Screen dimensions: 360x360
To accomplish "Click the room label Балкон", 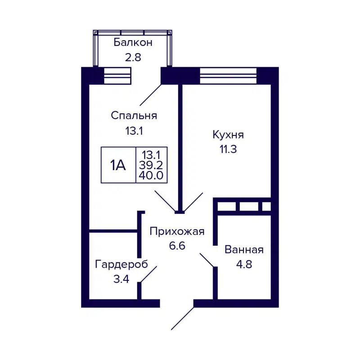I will (x=133, y=43).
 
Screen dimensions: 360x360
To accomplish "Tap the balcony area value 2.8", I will (x=133, y=58).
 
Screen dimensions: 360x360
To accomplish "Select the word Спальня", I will (x=134, y=116).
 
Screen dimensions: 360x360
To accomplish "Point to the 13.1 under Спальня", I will (x=134, y=131).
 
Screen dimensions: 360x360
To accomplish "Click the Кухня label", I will (x=228, y=135).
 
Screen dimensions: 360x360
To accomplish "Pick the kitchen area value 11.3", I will (x=228, y=149).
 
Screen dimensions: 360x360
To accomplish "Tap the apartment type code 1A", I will (x=118, y=165).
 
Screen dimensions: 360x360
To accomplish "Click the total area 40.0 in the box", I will (x=152, y=175).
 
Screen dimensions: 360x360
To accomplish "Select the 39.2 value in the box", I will (x=152, y=165).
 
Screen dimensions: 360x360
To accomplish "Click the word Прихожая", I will (x=177, y=232).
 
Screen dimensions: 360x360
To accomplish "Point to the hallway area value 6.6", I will (x=177, y=246).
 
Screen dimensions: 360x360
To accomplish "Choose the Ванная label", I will (x=244, y=250).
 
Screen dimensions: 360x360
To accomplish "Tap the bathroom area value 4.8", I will (x=244, y=264).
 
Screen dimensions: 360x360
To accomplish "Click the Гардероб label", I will (x=121, y=264).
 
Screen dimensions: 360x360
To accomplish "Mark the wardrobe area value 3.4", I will (x=121, y=279).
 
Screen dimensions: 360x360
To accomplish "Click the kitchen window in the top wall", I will (x=229, y=75).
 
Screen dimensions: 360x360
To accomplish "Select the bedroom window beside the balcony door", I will (x=117, y=75).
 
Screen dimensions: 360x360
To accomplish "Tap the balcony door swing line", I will (x=151, y=94).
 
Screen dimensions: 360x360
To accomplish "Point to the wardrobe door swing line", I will (x=148, y=274).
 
